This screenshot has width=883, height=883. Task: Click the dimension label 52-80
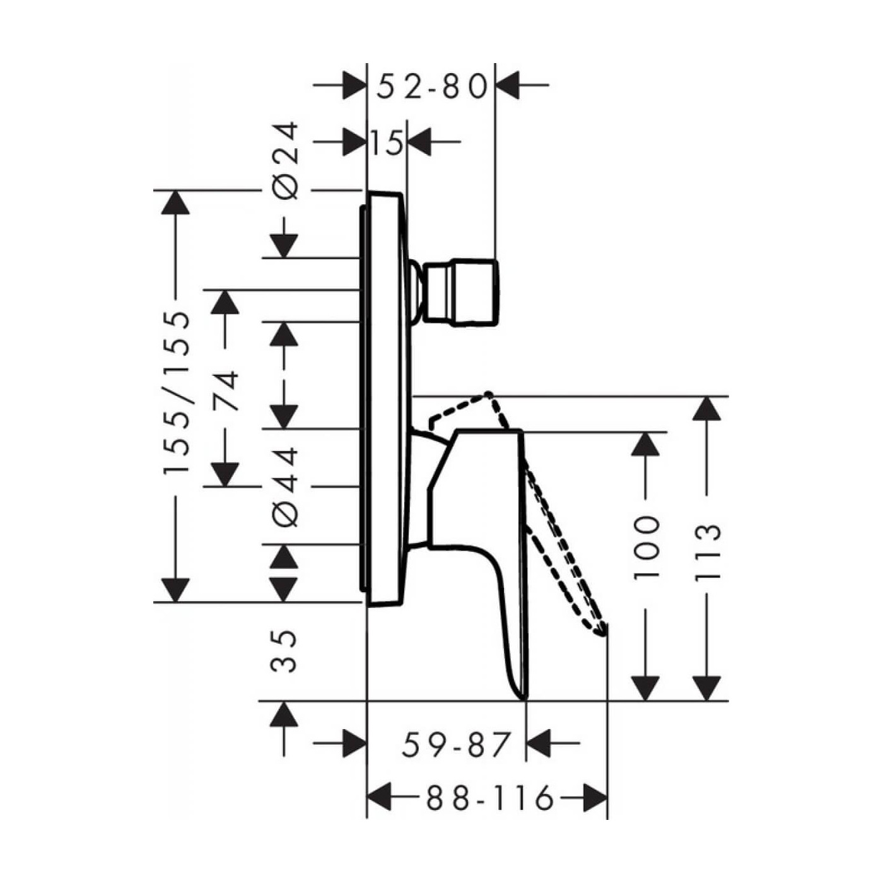tap(432, 87)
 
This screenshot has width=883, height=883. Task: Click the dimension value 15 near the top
tap(386, 143)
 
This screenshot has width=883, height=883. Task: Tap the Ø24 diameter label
tap(286, 161)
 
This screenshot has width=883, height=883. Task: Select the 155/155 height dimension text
tap(176, 392)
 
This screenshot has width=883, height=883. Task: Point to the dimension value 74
tap(226, 392)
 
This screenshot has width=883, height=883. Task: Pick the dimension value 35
tap(284, 650)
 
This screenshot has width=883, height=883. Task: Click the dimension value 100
tap(646, 547)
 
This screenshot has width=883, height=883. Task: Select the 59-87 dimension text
tap(455, 745)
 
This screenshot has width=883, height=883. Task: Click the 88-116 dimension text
tap(489, 799)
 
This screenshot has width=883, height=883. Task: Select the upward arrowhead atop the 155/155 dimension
tap(175, 202)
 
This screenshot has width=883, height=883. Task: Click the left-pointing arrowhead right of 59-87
tap(538, 743)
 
